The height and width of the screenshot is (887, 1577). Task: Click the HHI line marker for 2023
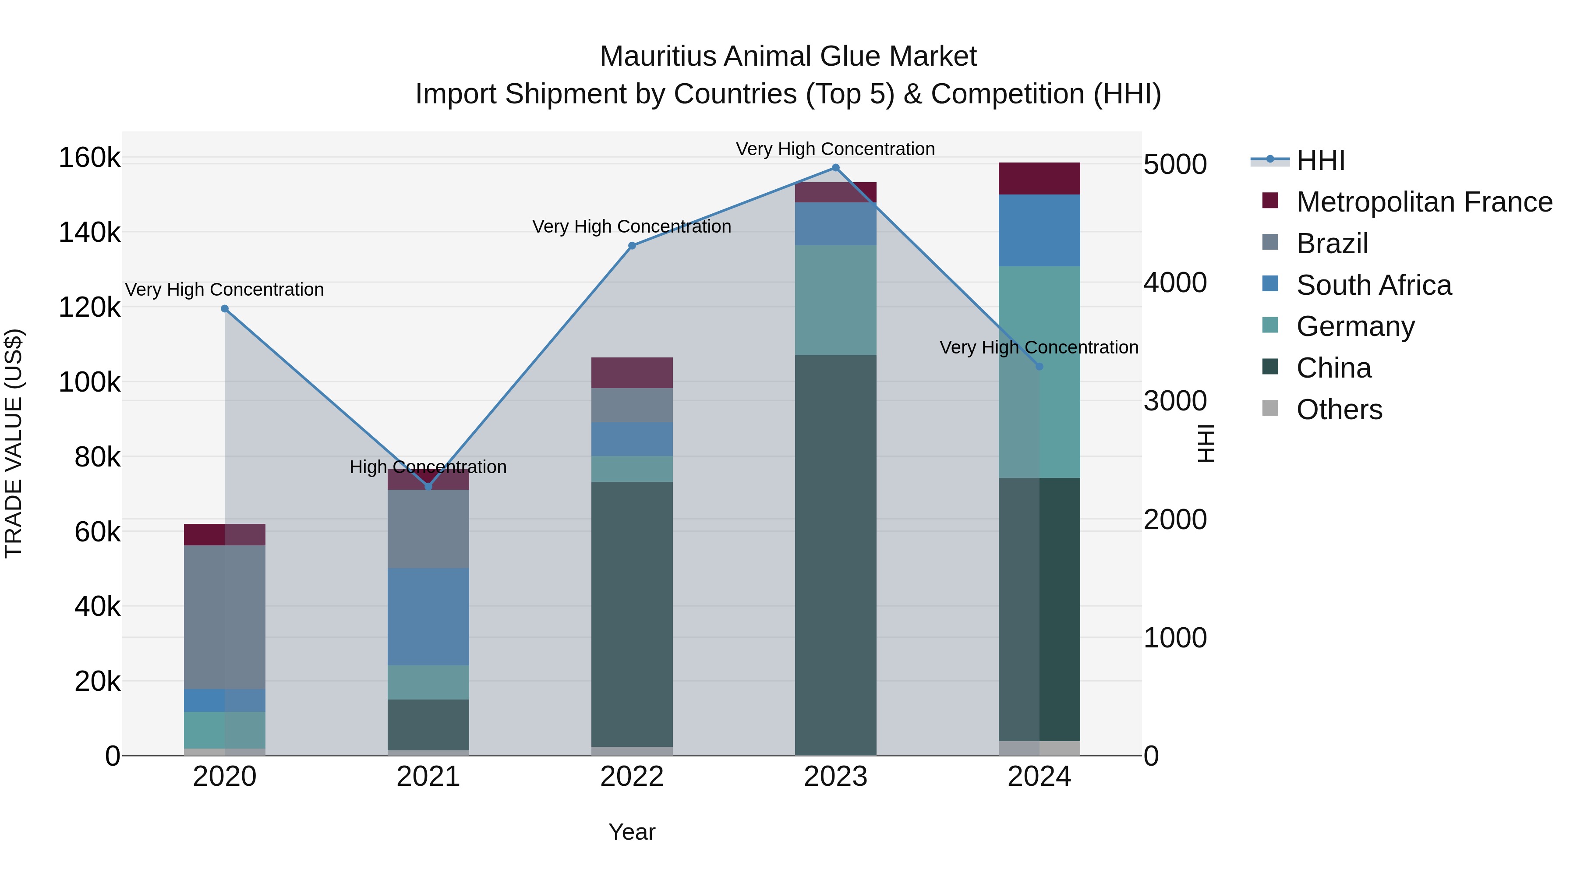point(836,168)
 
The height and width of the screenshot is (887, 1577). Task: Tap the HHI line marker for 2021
point(428,487)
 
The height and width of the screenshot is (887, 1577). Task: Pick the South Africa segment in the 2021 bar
point(428,616)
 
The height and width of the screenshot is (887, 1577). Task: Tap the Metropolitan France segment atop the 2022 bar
point(632,373)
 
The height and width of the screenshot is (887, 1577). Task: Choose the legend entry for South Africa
point(1374,285)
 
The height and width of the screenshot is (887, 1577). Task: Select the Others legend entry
point(1339,410)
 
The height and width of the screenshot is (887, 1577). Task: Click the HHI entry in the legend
point(1320,160)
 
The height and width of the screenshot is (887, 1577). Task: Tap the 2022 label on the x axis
point(632,777)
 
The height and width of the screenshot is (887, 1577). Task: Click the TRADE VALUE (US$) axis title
point(14,443)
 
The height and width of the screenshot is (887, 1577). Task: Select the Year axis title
point(632,832)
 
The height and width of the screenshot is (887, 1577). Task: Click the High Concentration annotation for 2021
point(428,467)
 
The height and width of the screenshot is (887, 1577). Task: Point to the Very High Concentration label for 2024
point(1039,347)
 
